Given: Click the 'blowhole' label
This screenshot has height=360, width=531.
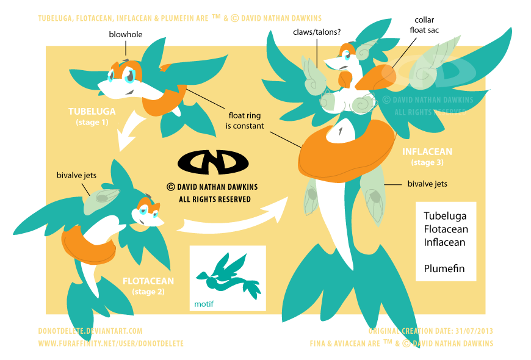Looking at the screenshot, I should pos(126,35).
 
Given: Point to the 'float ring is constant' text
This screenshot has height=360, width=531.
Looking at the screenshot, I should pos(246,120).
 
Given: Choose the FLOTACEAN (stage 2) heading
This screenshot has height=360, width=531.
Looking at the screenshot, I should pos(148,286).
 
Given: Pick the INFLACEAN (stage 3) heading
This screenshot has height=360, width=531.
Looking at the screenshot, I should pos(427,156).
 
